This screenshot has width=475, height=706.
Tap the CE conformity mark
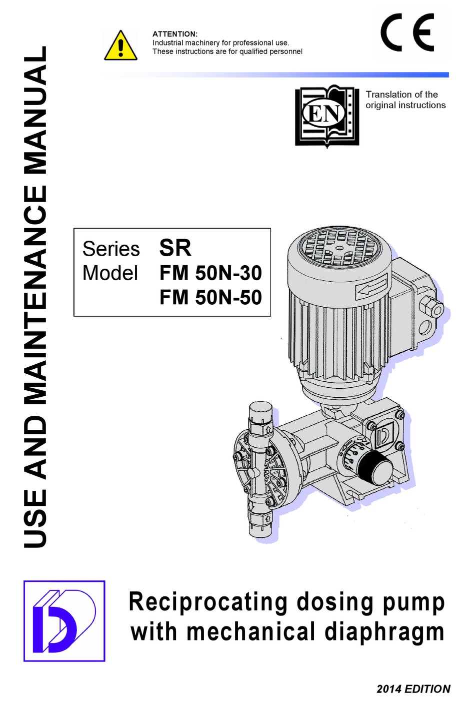[407, 33]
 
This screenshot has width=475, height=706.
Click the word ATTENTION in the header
[174, 34]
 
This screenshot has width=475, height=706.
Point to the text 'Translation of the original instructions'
[405, 100]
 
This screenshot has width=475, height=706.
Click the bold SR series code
[175, 248]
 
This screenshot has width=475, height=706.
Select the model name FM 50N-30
[210, 273]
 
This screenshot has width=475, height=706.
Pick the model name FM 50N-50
[210, 298]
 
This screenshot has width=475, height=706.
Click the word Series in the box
[111, 249]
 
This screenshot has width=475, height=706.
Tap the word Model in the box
[110, 273]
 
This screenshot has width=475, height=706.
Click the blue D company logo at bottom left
[64, 621]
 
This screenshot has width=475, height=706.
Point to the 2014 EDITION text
[413, 689]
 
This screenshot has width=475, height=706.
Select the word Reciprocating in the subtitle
[207, 602]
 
